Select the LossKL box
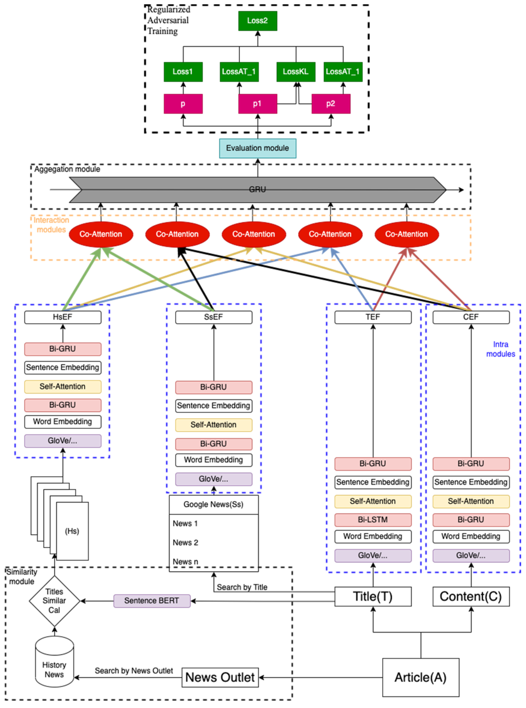click(x=295, y=72)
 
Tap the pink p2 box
click(x=331, y=104)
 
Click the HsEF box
click(x=63, y=317)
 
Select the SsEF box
click(x=213, y=317)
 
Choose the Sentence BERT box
click(x=152, y=601)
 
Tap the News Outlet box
click(x=220, y=677)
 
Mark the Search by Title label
click(x=242, y=587)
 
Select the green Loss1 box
click(x=183, y=72)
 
